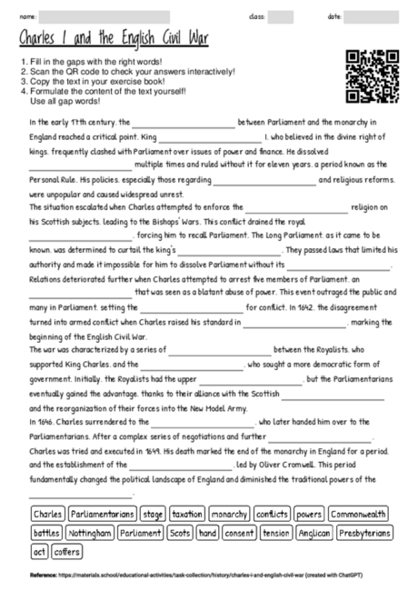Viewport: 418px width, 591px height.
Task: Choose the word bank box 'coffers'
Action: (67, 550)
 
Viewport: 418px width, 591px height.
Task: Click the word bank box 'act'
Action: (39, 550)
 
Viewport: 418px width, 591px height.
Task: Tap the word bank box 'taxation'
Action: (186, 514)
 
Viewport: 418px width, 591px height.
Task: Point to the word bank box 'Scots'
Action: (181, 532)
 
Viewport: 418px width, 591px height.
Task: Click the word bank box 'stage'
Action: (153, 514)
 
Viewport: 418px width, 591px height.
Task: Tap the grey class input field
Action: (281, 15)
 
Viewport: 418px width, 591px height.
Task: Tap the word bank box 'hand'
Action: (208, 532)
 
